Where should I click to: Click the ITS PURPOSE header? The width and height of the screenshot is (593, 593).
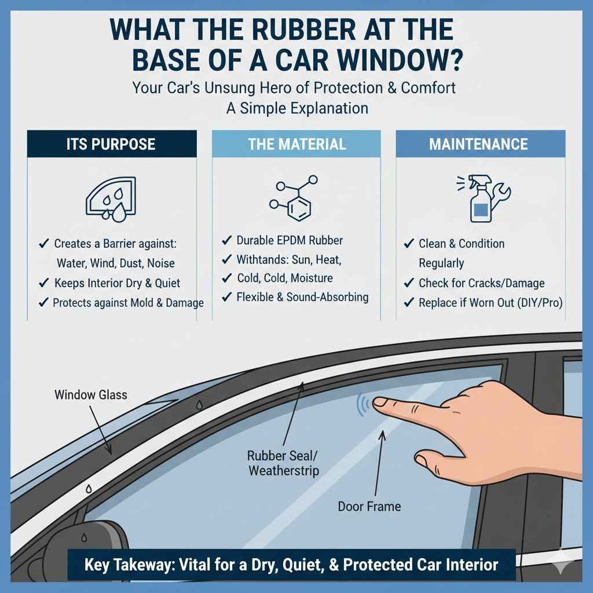tap(112, 144)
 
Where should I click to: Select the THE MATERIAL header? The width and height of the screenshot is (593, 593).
tap(296, 144)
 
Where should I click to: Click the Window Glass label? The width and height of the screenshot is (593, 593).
tap(90, 396)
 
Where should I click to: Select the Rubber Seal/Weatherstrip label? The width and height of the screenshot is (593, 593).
tap(283, 463)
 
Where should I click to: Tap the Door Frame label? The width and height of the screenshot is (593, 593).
tap(369, 507)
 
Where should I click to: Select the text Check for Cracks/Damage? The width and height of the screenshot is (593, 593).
tap(481, 283)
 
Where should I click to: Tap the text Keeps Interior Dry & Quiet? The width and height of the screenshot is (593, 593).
tap(116, 283)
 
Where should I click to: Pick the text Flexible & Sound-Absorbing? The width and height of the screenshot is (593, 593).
tap(302, 298)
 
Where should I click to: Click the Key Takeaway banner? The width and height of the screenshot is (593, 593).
tap(291, 563)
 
